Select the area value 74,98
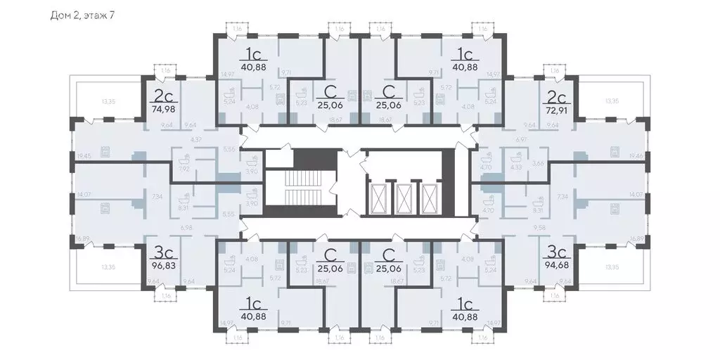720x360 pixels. click(x=164, y=109)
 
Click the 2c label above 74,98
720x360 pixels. click(x=164, y=96)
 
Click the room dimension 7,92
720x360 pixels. click(x=185, y=169)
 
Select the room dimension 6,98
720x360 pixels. click(x=186, y=228)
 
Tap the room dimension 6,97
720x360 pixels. click(x=521, y=141)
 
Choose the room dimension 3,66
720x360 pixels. click(x=538, y=163)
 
